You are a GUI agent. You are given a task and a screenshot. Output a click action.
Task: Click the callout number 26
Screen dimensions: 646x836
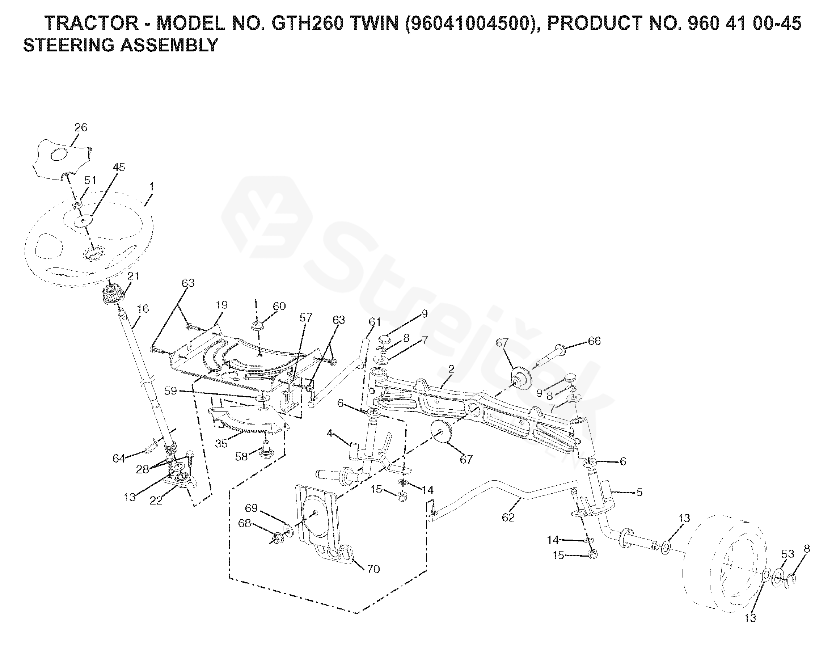81,127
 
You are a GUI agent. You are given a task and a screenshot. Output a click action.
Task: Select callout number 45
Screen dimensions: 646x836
119,167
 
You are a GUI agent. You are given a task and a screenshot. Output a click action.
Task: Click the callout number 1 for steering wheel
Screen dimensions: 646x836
152,186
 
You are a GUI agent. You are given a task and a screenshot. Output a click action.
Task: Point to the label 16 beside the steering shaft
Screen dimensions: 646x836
143,309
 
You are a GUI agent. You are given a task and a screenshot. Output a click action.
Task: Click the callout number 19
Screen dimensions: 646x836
221,305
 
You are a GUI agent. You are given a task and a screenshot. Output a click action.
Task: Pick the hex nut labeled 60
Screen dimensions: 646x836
257,326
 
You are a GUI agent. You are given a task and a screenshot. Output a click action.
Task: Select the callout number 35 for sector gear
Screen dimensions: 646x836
221,444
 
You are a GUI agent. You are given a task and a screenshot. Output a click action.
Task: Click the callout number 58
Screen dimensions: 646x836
241,457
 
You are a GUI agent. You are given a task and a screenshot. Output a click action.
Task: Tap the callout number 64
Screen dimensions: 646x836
119,458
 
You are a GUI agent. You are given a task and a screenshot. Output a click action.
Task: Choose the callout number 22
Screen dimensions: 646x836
156,500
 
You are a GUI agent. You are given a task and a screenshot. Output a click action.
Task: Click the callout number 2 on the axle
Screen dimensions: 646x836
451,369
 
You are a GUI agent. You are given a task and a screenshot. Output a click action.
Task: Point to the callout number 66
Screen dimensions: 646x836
594,341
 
